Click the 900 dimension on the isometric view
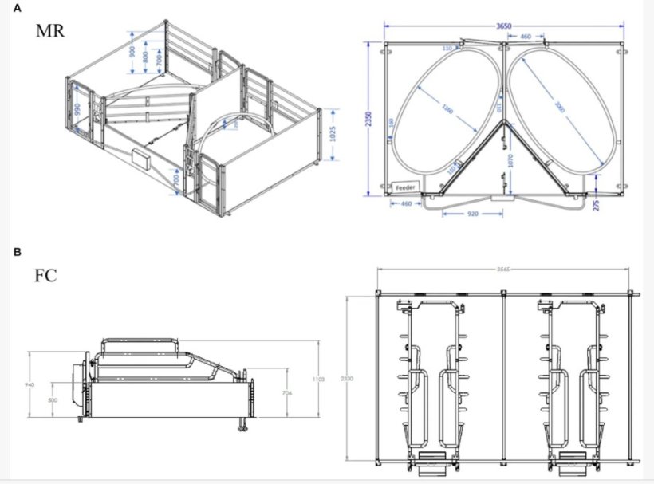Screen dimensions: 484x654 132,53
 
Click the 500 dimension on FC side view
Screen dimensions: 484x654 53,400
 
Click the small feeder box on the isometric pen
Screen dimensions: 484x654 143,159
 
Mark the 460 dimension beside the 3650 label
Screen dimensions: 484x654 526,37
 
